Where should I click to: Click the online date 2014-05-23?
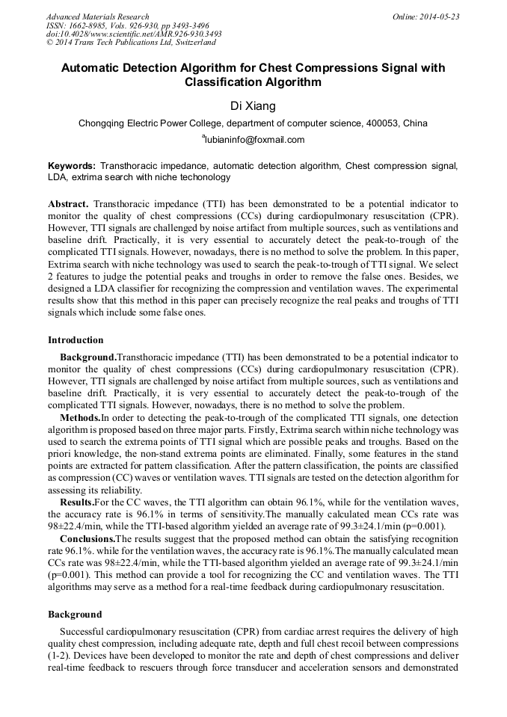[437, 16]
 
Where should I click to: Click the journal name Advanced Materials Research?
[97, 16]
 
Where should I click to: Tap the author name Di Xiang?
[254, 105]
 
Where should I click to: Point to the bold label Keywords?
[72, 165]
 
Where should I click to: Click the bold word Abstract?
[68, 204]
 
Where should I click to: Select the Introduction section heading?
[76, 340]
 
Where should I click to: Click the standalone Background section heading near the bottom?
[75, 614]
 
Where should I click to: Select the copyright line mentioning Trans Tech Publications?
[131, 43]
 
